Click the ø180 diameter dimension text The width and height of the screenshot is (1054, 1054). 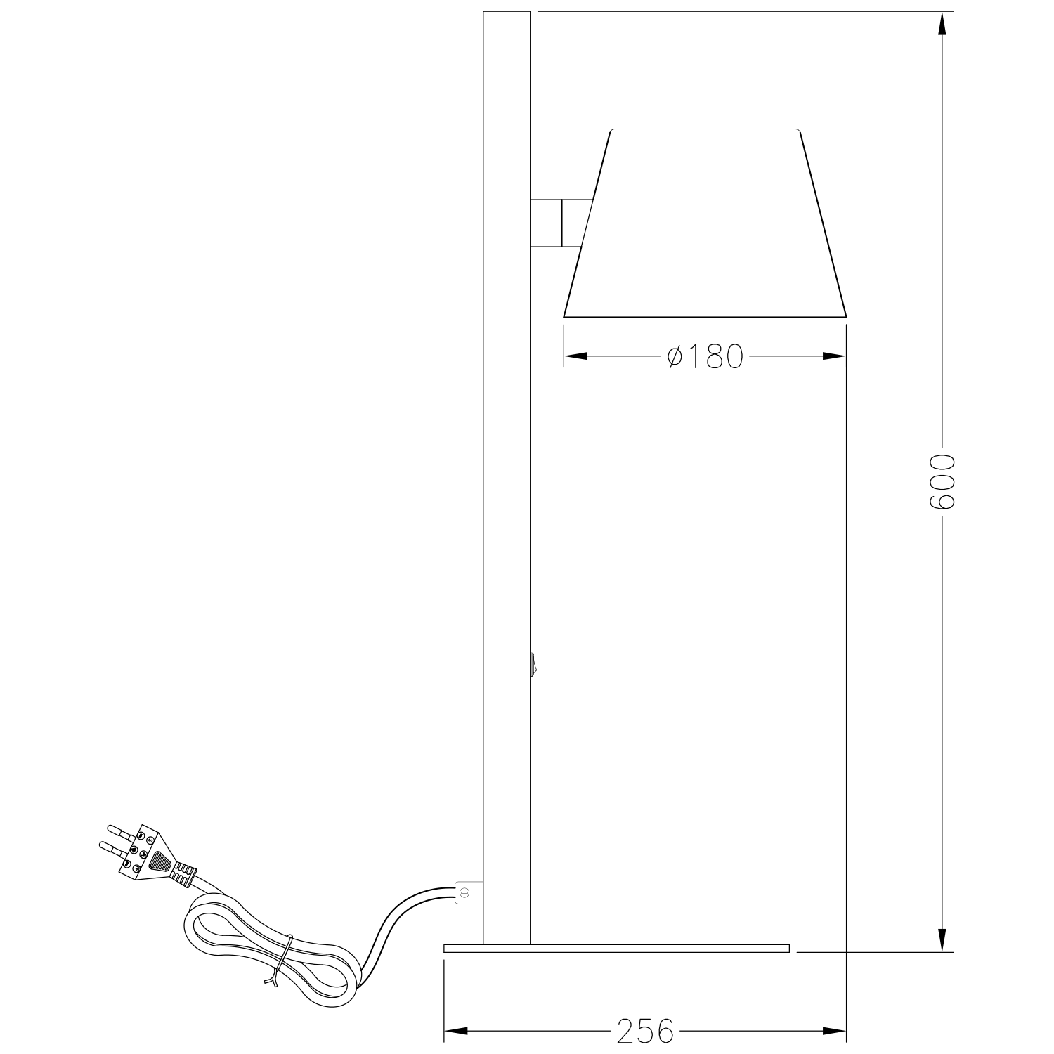705,357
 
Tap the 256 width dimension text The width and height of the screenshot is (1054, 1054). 645,1032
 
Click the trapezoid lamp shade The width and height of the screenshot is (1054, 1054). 705,225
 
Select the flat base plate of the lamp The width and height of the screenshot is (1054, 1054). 616,948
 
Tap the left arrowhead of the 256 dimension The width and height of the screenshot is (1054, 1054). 455,1032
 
